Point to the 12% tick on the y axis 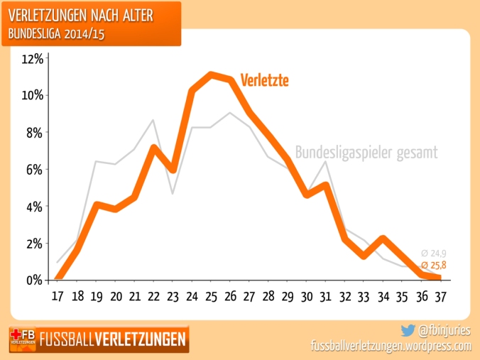[x=33, y=59]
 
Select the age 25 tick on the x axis [x=211, y=295]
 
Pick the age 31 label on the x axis [x=324, y=295]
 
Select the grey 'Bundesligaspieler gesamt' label [x=365, y=152]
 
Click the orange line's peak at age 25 [x=211, y=75]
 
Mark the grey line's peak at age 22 [x=154, y=120]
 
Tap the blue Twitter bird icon [x=408, y=330]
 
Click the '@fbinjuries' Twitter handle [x=444, y=330]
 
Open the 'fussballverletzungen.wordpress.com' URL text [x=391, y=346]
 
